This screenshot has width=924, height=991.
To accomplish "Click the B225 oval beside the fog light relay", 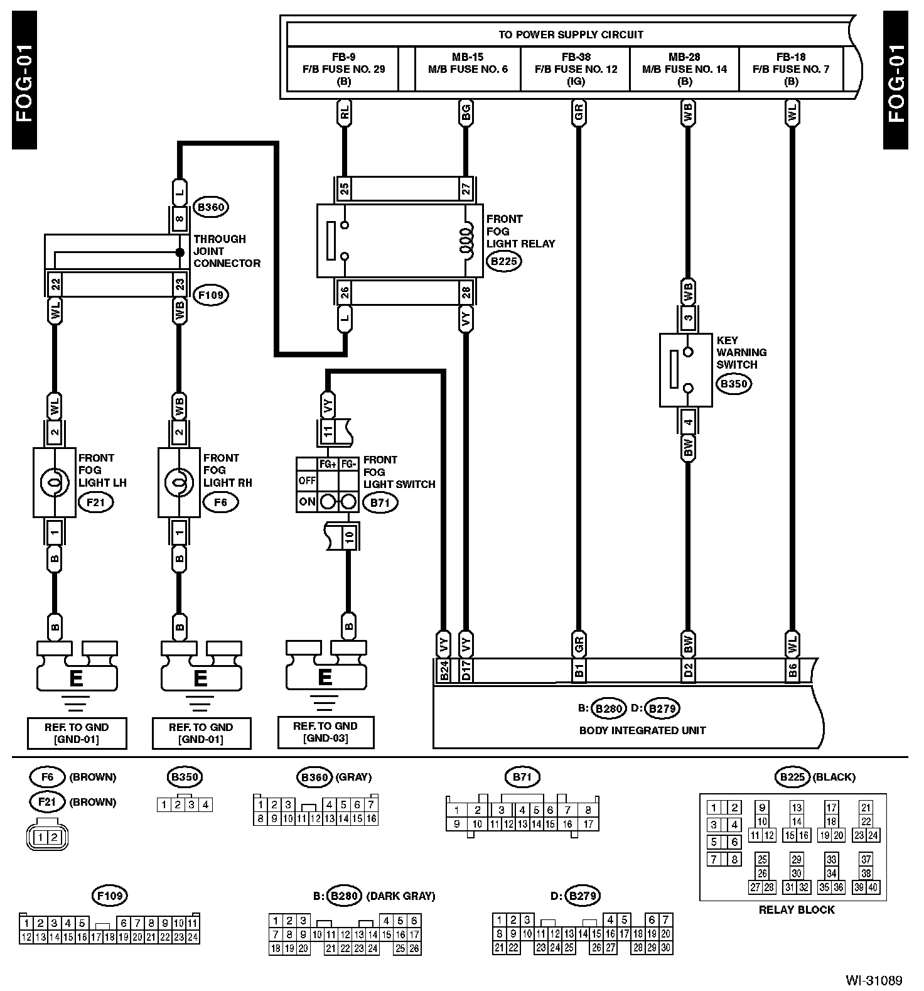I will coord(505,261).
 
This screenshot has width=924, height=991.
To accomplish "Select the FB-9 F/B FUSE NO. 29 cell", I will coord(343,69).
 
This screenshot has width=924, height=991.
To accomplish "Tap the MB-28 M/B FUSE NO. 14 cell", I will coord(684,69).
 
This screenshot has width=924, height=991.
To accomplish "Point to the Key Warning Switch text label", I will coord(741,352).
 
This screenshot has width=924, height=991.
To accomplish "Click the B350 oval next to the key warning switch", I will coord(734,384).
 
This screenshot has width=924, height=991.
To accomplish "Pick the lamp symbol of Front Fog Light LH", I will coord(53,482).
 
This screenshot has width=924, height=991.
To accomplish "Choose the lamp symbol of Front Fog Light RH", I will coord(179,482).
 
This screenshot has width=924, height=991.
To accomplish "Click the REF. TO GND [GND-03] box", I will coord(325,732).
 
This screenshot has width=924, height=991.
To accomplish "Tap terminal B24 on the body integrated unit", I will coord(444,671).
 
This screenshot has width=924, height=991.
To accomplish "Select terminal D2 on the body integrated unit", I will coord(688,671).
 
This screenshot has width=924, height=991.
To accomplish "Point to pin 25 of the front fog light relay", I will coord(344,188).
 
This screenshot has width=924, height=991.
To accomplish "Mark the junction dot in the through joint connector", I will coord(180,252).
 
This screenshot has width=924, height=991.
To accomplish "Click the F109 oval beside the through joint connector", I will coord(210,295).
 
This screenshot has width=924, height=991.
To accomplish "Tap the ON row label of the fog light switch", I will coord(307,502).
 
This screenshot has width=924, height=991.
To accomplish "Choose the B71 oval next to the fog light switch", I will coord(380,502).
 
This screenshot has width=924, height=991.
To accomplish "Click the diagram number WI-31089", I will coord(873,980).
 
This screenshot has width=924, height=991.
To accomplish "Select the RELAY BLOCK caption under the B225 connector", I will coord(796,909).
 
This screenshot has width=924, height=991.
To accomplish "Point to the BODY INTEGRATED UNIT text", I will coord(642,730).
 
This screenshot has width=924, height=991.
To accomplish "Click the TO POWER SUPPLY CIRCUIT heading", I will coord(571,35).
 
